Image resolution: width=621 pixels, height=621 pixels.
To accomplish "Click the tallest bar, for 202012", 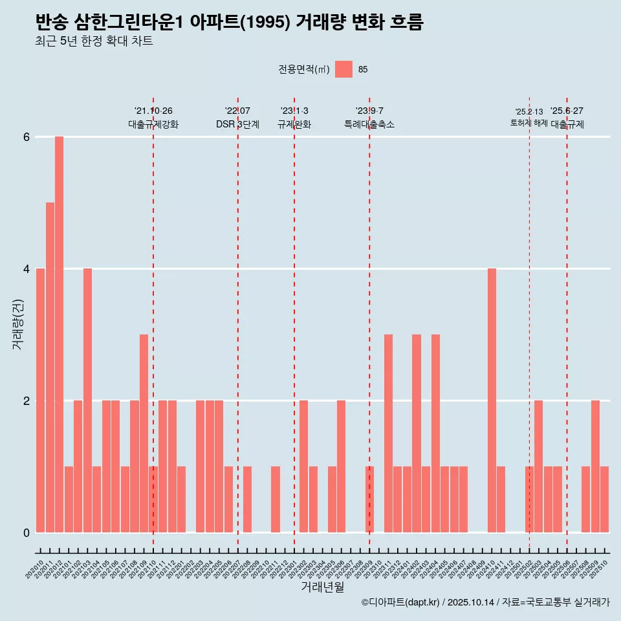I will coord(59,334).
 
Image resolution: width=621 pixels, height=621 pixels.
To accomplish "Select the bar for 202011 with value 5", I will coord(50,367).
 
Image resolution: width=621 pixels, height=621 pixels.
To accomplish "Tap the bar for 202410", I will coord(492,400).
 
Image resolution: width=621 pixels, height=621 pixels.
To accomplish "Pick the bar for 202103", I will coord(87,400).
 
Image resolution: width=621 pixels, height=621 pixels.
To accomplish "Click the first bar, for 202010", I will coord(40,400).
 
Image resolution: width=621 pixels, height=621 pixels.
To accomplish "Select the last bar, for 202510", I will coord(604,499).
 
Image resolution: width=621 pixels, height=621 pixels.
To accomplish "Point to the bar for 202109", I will coord(144,433).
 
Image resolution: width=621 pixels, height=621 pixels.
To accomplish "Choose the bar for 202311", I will coord(388,433).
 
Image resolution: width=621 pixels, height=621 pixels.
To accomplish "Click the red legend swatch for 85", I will coord(343,69).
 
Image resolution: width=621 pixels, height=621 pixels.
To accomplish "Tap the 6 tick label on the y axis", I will coord(27,137).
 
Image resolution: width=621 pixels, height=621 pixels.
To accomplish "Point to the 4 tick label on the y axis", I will coord(27,268).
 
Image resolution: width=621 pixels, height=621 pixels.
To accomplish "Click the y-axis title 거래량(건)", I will coord(17,323).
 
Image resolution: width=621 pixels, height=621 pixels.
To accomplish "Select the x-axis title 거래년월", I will coord(322,587).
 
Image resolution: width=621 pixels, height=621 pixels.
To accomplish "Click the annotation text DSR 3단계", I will coord(237,124).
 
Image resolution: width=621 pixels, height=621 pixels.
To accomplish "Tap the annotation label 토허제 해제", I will coord(528,123).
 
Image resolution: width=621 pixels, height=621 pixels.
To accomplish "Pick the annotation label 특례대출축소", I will coord(369,124).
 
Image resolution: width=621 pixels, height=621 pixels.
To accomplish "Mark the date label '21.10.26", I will coord(153,111).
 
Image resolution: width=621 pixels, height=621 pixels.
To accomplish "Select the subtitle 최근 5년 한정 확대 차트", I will coord(94,42).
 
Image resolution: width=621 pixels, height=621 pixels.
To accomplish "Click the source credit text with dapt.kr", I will coord(485,602).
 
